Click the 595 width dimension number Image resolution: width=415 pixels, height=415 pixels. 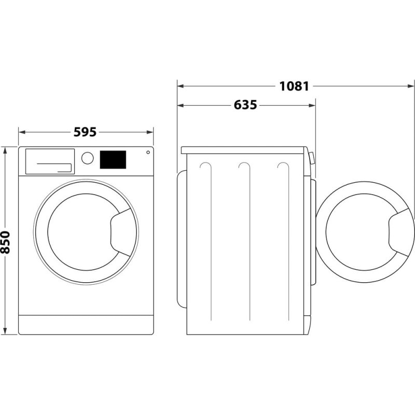coord(85,132)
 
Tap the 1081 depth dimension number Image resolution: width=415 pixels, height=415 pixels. coord(294,86)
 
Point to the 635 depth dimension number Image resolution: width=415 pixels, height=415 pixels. coord(245,105)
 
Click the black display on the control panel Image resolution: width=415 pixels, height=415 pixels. coord(113,159)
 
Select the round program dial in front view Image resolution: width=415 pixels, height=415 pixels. coord(88,158)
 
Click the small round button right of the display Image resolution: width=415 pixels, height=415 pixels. coord(148,153)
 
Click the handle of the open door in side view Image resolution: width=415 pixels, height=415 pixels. coord(400,231)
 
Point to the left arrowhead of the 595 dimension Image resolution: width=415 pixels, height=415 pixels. coord(21,132)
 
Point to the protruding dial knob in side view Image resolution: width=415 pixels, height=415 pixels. coord(312,158)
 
